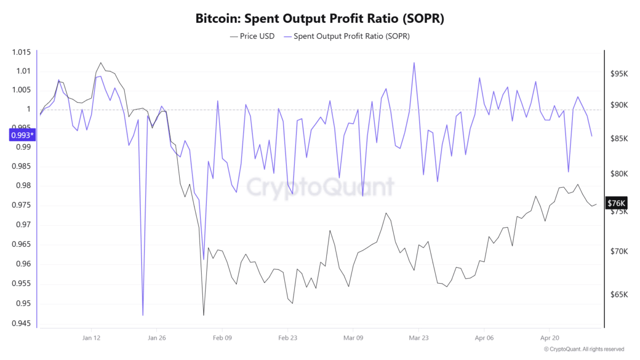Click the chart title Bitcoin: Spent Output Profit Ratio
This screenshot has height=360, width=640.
click(320, 18)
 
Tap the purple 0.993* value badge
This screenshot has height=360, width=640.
click(21, 135)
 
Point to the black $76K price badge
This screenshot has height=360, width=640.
click(617, 203)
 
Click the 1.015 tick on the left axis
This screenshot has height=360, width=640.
click(22, 52)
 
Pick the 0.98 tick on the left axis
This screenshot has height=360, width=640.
click(25, 186)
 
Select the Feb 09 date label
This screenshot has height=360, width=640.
click(222, 338)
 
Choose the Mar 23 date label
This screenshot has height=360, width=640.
click(418, 338)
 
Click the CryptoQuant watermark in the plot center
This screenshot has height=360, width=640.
click(320, 187)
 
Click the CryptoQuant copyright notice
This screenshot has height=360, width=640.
click(583, 349)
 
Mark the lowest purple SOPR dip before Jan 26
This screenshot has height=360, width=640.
click(143, 315)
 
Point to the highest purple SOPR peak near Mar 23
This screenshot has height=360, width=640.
click(414, 62)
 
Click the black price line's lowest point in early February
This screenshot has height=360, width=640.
click(204, 315)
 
